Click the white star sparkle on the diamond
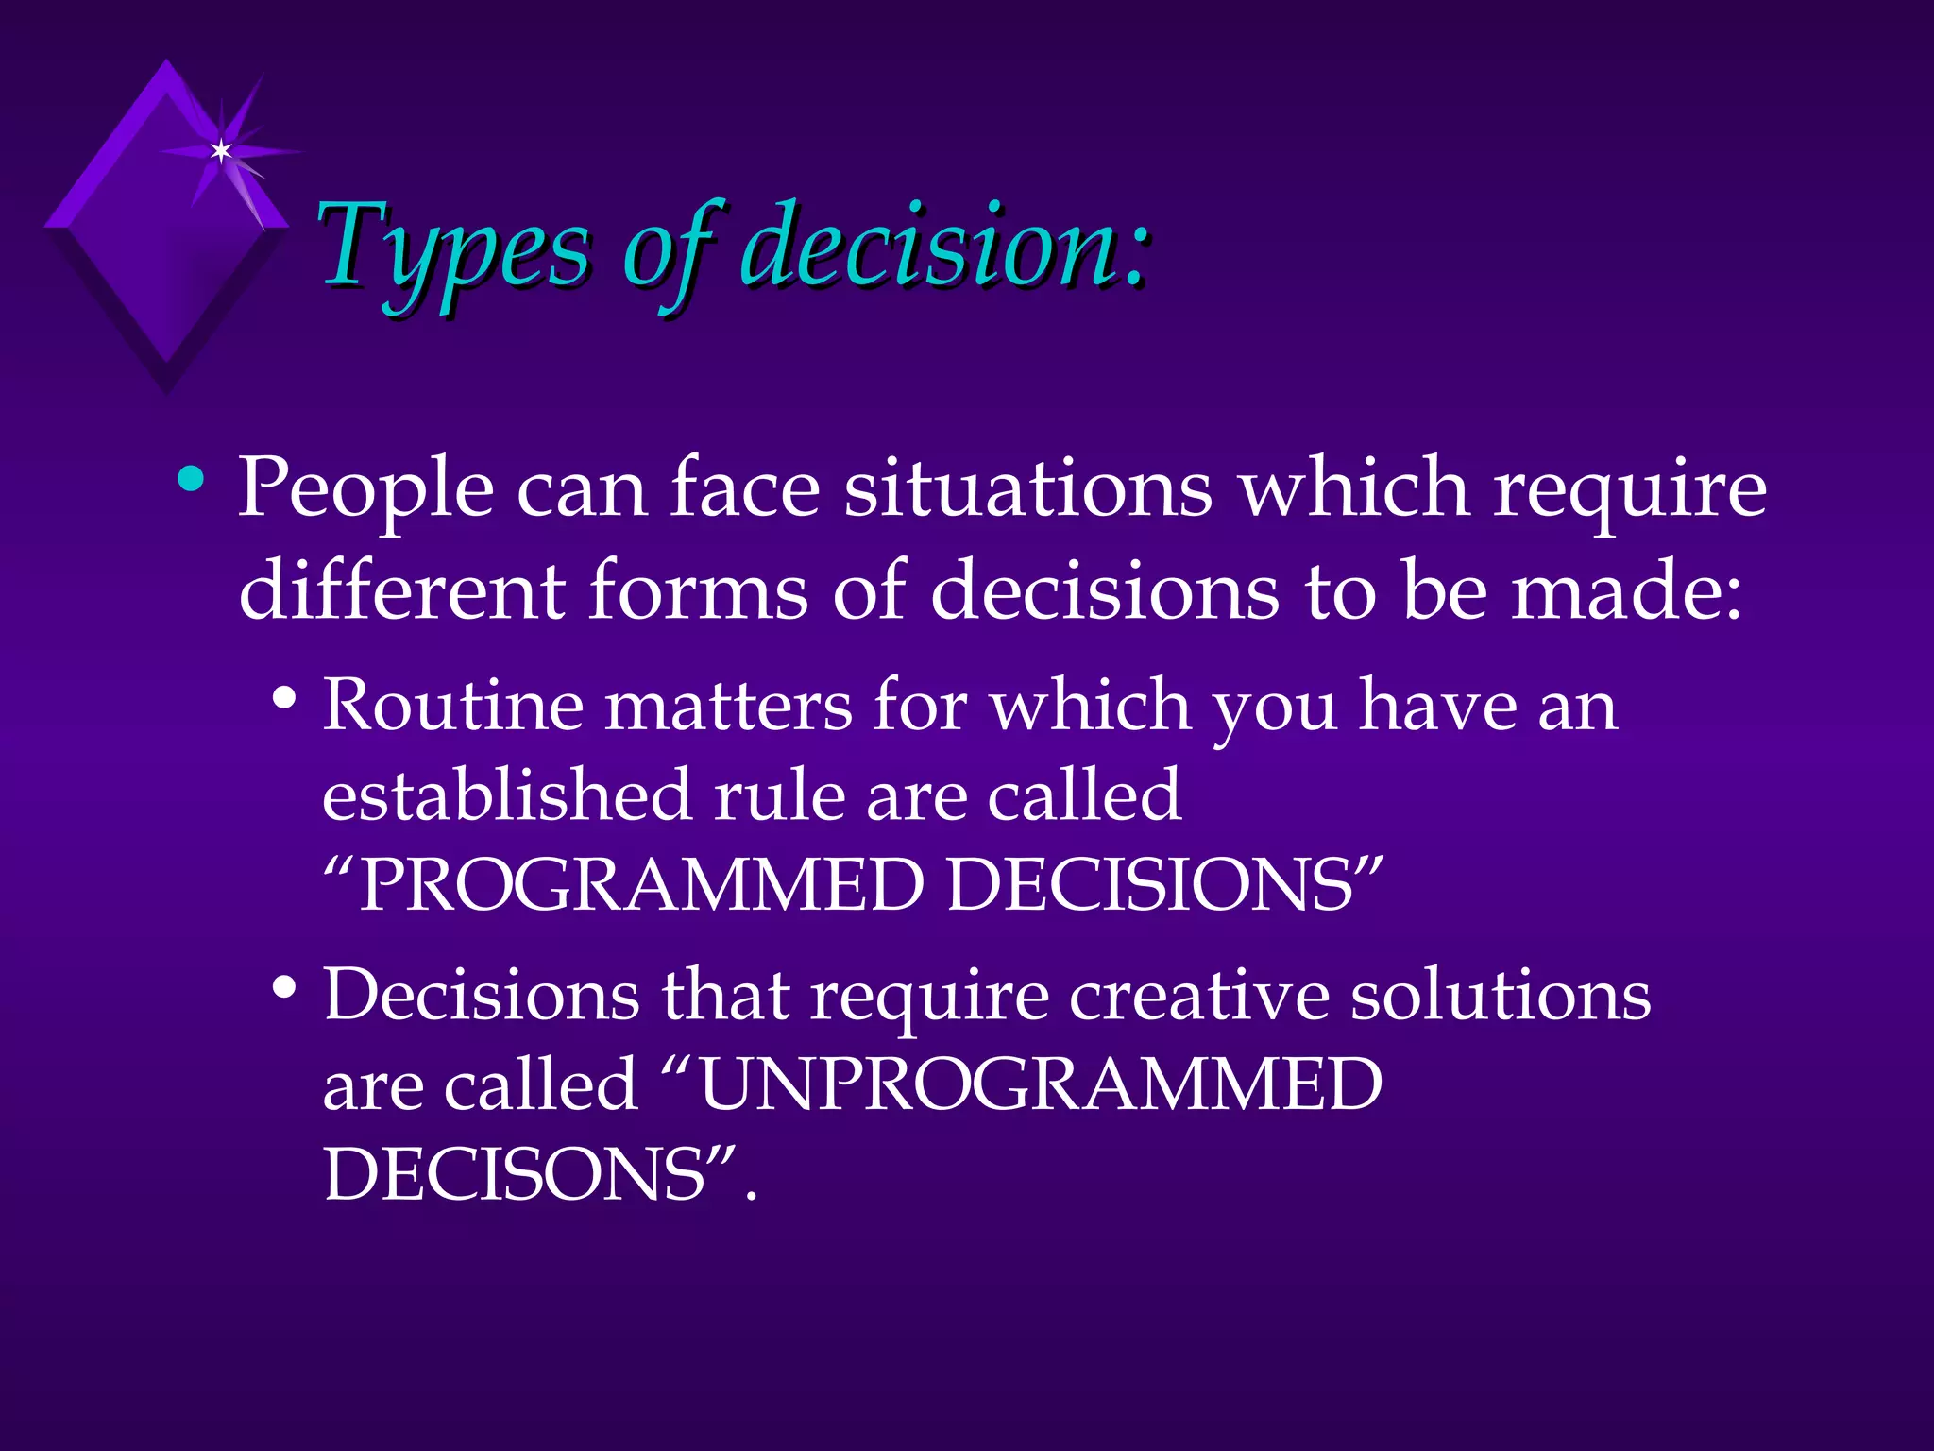[221, 151]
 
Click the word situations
[1027, 487]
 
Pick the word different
[401, 589]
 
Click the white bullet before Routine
[283, 700]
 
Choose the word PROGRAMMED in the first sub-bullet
[642, 885]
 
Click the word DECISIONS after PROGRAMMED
[1152, 885]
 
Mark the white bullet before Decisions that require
[283, 989]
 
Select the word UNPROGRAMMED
[1039, 1084]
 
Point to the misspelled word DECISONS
[516, 1175]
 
